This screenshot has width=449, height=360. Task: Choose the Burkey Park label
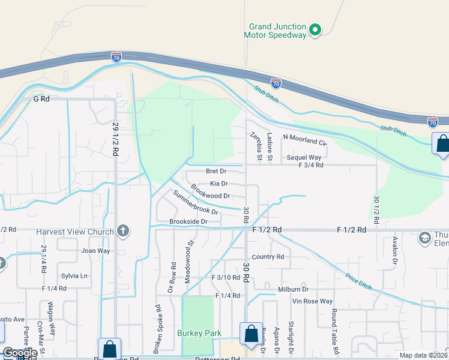click(199, 333)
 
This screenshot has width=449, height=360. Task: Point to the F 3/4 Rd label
click(311, 165)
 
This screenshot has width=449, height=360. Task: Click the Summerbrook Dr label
click(196, 203)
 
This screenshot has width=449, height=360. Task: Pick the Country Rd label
click(268, 257)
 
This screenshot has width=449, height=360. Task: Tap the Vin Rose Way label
click(312, 301)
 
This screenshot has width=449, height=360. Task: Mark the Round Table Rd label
click(334, 326)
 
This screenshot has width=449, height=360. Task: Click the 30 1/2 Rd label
click(376, 209)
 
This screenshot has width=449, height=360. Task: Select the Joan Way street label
click(80, 252)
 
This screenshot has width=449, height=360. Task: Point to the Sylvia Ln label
click(74, 276)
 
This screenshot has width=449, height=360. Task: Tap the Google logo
click(20, 353)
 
